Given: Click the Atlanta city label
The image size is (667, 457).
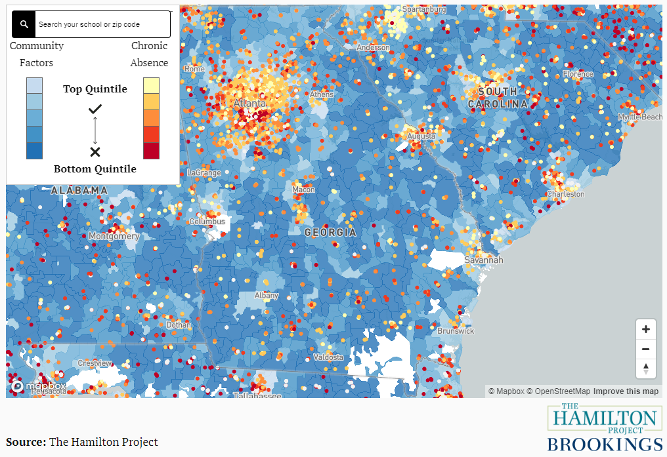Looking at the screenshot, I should click(x=250, y=104).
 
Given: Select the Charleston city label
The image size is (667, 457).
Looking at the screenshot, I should click(x=565, y=194).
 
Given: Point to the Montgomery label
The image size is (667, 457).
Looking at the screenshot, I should click(x=114, y=236).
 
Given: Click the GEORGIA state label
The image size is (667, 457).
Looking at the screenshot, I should click(x=330, y=233).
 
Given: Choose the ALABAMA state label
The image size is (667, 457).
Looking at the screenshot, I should click(x=79, y=190).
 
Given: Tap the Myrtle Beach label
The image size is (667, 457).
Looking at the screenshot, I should click(x=640, y=117).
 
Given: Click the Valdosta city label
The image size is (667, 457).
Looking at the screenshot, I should click(x=328, y=357).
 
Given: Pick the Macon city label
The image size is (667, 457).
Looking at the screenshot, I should click(x=303, y=190).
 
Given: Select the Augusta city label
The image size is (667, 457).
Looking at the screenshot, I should click(x=421, y=136).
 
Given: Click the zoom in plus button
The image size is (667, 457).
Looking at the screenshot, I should click(x=646, y=329).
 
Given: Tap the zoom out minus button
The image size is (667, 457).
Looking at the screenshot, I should click(x=646, y=349).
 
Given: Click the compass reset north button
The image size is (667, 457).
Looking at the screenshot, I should click(x=646, y=368).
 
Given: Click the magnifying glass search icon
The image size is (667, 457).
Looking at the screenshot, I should click(x=24, y=24).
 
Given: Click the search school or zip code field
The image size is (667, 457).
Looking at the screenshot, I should click(x=102, y=24).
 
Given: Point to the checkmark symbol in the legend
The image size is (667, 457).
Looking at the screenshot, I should click(x=95, y=109).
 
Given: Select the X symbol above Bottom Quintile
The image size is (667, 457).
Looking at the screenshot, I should click(x=95, y=152).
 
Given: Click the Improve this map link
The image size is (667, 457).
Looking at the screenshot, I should click(x=626, y=391).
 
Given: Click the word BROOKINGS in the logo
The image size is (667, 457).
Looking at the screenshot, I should click(x=605, y=444).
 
